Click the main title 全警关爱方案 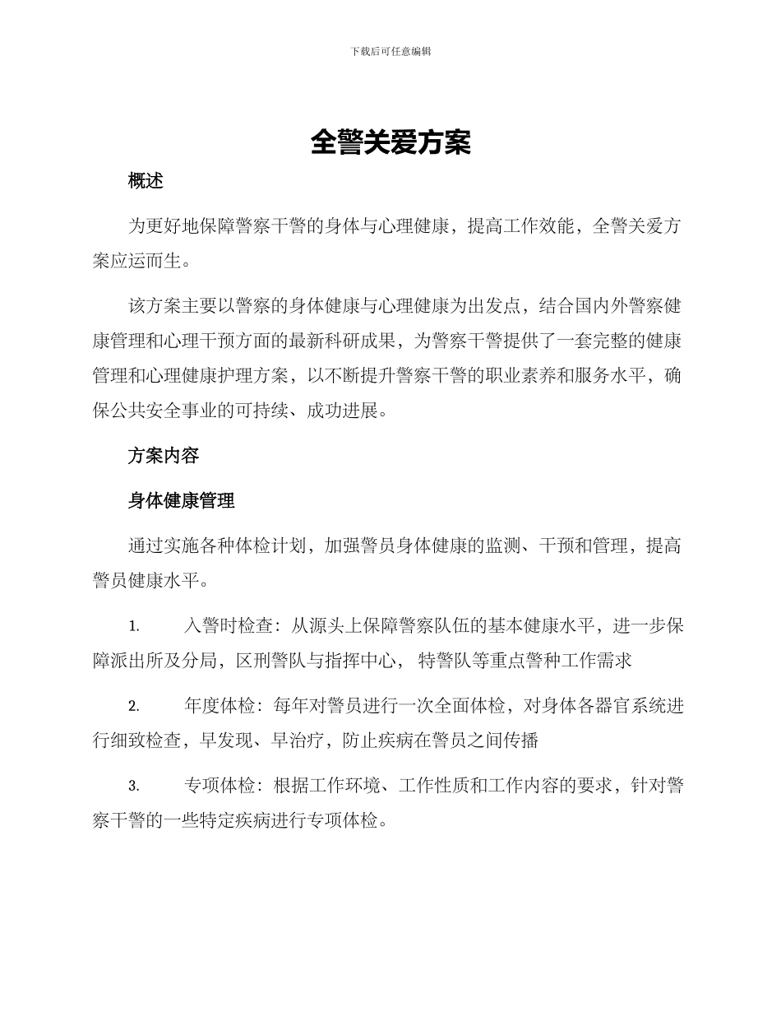[x=390, y=143]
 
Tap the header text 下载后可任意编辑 [x=390, y=51]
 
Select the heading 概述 [x=146, y=182]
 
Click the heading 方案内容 [x=163, y=455]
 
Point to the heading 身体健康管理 [x=181, y=500]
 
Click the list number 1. [x=133, y=627]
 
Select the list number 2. [x=133, y=707]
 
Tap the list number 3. [x=133, y=787]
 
